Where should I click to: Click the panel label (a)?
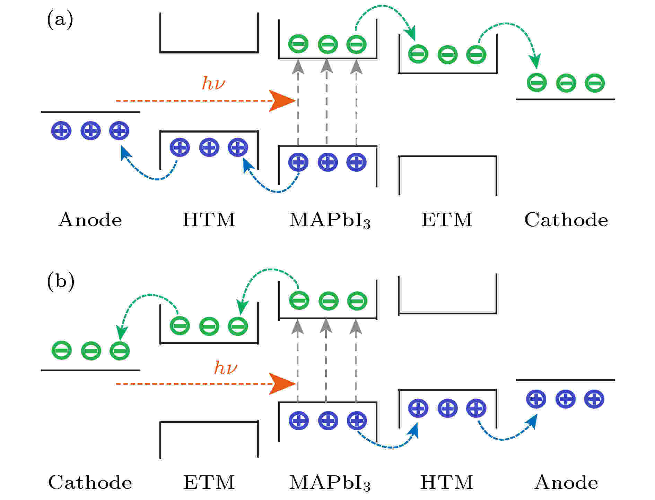[x=60, y=20]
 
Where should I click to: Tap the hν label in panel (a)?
[x=213, y=83]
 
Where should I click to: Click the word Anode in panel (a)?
[x=90, y=220]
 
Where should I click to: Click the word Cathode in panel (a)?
[x=566, y=220]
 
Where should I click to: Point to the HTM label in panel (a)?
[x=209, y=220]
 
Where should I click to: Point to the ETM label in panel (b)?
[x=209, y=482]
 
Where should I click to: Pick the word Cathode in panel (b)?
[x=90, y=482]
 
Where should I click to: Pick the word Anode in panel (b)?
[x=566, y=482]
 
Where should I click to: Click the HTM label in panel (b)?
[x=447, y=482]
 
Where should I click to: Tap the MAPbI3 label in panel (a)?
[x=330, y=220]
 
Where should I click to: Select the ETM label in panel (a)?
[x=447, y=220]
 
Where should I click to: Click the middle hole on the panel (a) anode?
[x=90, y=131]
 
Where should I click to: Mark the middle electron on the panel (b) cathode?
[x=91, y=351]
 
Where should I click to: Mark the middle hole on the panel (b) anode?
[x=566, y=399]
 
